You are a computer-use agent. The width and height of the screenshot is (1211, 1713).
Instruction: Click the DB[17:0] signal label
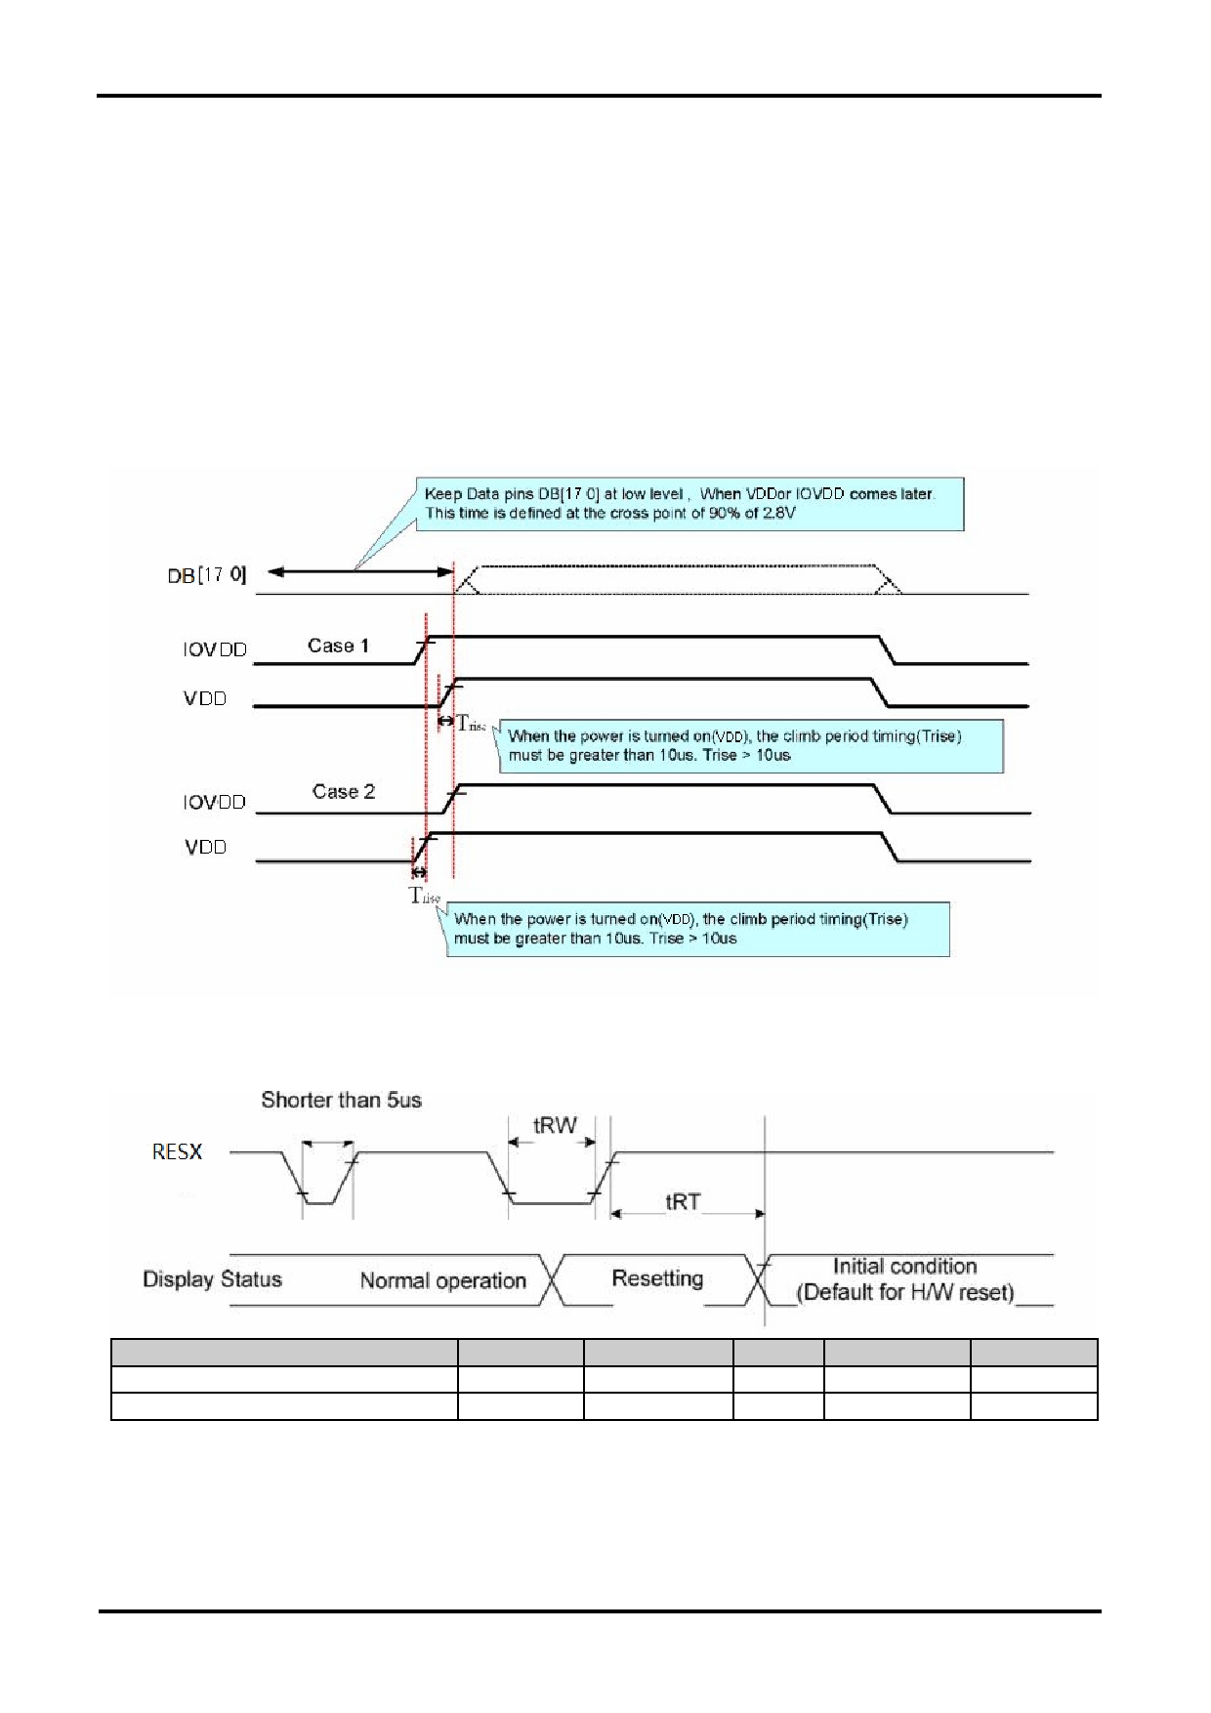pyautogui.click(x=207, y=575)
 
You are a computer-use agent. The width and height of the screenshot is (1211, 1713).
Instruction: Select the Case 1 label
pyautogui.click(x=338, y=646)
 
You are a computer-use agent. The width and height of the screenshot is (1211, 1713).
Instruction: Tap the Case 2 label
pyautogui.click(x=344, y=792)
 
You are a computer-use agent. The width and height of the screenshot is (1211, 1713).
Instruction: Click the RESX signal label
pyautogui.click(x=177, y=1152)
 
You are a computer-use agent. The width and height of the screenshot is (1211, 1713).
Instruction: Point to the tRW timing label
pyautogui.click(x=555, y=1125)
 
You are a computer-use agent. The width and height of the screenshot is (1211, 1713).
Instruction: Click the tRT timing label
pyautogui.click(x=683, y=1202)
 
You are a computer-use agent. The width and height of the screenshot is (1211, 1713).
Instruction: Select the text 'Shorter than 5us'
pyautogui.click(x=342, y=1100)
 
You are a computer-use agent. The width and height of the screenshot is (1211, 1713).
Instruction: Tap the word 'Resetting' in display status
pyautogui.click(x=657, y=1278)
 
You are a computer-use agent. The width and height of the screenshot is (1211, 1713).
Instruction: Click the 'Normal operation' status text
pyautogui.click(x=443, y=1281)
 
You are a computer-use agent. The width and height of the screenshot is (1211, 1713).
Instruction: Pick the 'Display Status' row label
pyautogui.click(x=212, y=1279)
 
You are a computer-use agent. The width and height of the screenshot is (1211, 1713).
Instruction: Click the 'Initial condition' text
pyautogui.click(x=905, y=1267)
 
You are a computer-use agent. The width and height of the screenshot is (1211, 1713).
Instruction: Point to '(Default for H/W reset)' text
pyautogui.click(x=905, y=1293)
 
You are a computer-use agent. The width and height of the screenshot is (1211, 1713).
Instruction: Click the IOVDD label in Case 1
pyautogui.click(x=215, y=649)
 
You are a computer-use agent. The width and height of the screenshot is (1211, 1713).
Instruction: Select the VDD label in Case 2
pyautogui.click(x=205, y=847)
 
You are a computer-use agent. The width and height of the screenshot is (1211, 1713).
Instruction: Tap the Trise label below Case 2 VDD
pyautogui.click(x=425, y=896)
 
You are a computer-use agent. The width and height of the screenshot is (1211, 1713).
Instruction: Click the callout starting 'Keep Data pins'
pyautogui.click(x=689, y=504)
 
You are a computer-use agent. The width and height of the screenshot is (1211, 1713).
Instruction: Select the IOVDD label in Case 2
pyautogui.click(x=215, y=802)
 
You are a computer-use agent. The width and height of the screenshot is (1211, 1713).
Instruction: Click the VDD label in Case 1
pyautogui.click(x=205, y=698)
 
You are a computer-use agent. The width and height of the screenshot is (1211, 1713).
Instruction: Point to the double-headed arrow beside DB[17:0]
pyautogui.click(x=360, y=571)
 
